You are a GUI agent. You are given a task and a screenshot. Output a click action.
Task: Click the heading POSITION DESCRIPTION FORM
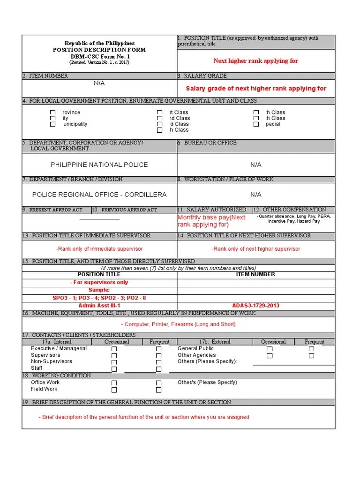point(99,50)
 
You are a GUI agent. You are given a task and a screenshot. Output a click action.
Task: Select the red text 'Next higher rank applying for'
point(255,61)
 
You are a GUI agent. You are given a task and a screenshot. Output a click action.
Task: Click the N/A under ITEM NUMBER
point(99,83)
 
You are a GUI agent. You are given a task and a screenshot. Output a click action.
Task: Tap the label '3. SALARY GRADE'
point(202,75)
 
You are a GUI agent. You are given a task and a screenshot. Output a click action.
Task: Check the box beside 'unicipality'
point(53,125)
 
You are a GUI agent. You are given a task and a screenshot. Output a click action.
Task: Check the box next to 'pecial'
point(256,125)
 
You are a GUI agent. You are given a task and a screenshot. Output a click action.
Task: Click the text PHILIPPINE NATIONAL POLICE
point(99,165)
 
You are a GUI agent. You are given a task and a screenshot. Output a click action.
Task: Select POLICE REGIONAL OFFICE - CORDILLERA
point(99,195)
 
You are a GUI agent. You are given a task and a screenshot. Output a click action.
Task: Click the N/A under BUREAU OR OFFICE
point(255,165)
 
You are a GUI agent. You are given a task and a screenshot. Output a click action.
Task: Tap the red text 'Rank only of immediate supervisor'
point(99,249)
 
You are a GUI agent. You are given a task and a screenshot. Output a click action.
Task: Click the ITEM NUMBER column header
point(255,274)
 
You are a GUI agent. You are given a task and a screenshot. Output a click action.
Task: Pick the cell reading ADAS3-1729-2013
point(255,306)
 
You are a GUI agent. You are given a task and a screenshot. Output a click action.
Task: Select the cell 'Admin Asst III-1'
point(99,306)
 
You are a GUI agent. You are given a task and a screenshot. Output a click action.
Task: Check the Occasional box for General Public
point(270,349)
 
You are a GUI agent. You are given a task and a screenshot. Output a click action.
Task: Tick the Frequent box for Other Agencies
point(311,356)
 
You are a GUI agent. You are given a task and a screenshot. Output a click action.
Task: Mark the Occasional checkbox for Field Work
point(114,390)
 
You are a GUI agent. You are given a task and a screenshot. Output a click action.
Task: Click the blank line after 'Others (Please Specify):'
point(294,363)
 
